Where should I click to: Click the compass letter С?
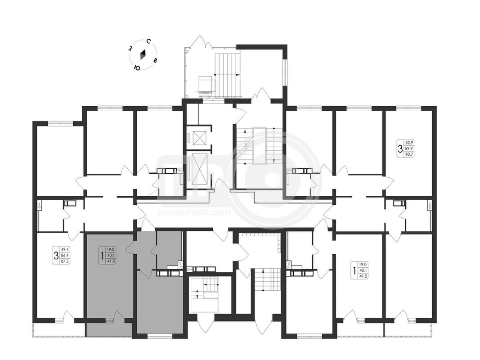click(x=148, y=42)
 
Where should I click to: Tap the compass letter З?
click(x=130, y=48)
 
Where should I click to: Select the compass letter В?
click(x=156, y=60)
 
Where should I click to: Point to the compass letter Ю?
click(x=137, y=68)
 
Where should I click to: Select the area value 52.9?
click(x=408, y=143)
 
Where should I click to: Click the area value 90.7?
click(x=408, y=154)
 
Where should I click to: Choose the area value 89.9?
click(x=408, y=148)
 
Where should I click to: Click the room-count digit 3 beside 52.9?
click(x=400, y=149)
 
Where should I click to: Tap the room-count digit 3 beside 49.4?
click(x=56, y=255)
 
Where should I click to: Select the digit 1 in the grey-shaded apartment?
click(x=102, y=255)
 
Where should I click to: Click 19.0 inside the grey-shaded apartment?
click(x=110, y=249)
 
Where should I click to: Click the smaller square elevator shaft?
click(x=199, y=138)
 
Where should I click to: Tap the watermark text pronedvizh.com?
click(x=194, y=212)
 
